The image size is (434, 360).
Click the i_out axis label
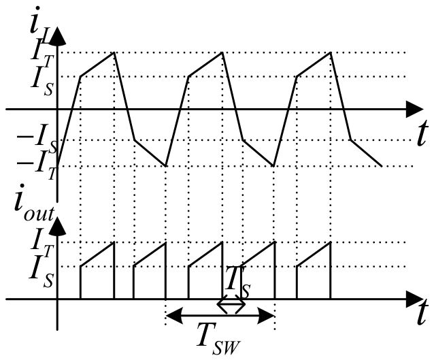[34, 203]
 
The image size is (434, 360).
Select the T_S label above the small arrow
[237, 282]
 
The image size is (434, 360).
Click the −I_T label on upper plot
[37, 165]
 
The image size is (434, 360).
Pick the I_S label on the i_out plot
[41, 272]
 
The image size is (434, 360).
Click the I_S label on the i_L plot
[41, 80]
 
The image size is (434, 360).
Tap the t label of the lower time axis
[421, 312]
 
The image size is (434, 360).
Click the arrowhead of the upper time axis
[415, 110]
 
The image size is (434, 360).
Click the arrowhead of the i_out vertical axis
[57, 226]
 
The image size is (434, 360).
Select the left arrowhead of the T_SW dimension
[174, 315]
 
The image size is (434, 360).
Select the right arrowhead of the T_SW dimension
[266, 315]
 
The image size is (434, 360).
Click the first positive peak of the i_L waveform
[114, 52]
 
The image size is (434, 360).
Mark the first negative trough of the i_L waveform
[165, 166]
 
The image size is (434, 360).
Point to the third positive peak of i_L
[330, 52]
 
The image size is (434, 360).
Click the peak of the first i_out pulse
[114, 242]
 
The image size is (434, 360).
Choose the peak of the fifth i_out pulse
[330, 242]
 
